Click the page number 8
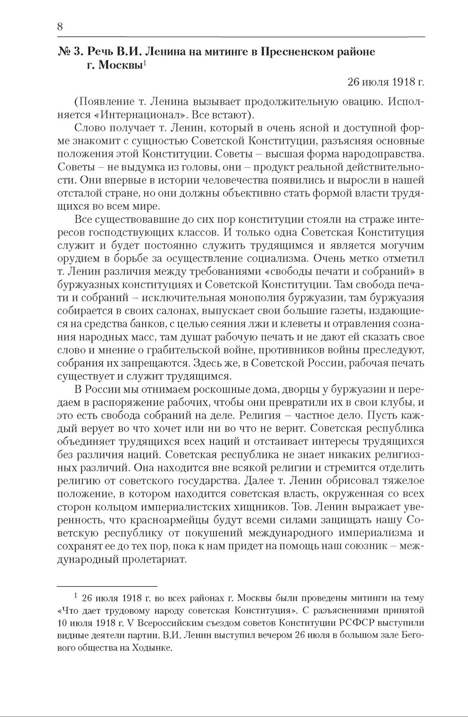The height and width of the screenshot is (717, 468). (60, 27)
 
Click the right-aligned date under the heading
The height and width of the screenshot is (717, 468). (386, 82)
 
